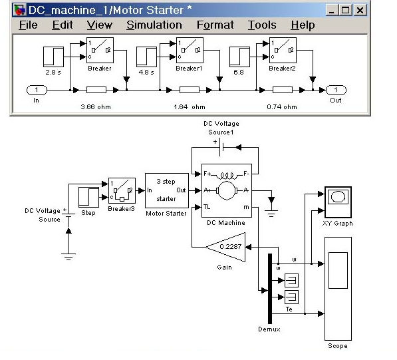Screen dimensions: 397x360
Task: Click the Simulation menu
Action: pos(154,25)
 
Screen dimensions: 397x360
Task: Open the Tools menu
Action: pos(262,25)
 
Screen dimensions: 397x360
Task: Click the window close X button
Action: pos(360,11)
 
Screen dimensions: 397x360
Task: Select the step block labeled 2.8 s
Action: pos(53,57)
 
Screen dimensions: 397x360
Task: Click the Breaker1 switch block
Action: pos(190,50)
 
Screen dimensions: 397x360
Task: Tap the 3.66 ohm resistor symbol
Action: pos(96,90)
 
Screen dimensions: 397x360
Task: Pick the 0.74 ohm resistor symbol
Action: pos(283,90)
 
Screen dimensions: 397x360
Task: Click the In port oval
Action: pos(37,90)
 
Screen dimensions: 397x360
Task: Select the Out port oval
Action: pos(336,90)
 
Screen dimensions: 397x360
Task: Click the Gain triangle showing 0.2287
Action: pos(225,247)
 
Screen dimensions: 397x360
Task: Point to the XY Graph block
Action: pos(338,202)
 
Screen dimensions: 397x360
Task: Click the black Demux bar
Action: pos(270,289)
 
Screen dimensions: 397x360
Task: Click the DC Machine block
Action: pos(227,190)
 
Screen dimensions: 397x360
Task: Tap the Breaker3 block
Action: pos(122,190)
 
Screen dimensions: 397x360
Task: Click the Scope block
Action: pos(338,289)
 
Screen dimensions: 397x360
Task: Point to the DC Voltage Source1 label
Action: pos(221,128)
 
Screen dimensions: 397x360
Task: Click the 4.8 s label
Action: pos(146,73)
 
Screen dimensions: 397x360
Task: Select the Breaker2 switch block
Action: pos(283,50)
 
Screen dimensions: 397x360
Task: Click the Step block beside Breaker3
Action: pos(88,198)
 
